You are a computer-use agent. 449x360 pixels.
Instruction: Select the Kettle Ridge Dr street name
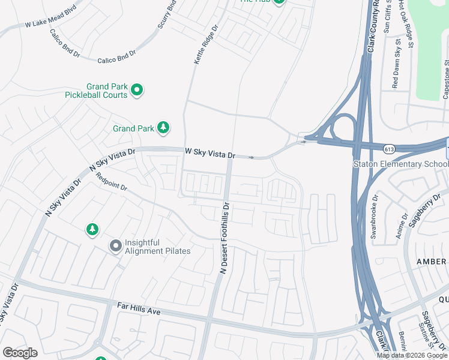(203, 49)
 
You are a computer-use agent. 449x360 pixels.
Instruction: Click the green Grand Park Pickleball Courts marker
(137, 90)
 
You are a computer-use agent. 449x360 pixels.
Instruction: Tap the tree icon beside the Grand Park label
(163, 128)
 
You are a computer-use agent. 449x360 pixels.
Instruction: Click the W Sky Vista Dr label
(209, 154)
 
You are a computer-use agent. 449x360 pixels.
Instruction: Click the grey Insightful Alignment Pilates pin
(115, 245)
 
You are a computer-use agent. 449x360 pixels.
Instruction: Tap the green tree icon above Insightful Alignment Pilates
(92, 229)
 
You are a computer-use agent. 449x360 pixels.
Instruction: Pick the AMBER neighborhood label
(430, 262)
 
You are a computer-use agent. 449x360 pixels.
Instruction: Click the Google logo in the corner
(20, 353)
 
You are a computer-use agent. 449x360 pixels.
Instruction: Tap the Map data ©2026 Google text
(412, 355)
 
